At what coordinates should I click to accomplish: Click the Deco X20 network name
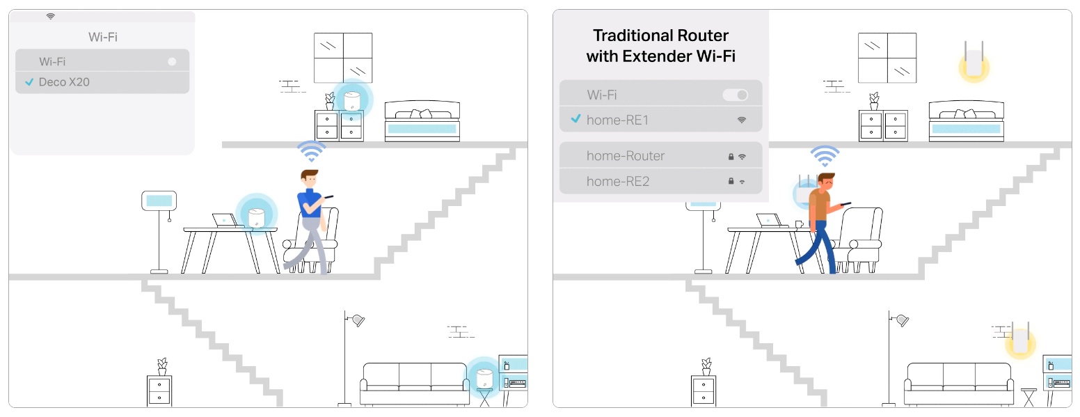pyautogui.click(x=64, y=82)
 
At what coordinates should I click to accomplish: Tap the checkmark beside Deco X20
pyautogui.click(x=29, y=82)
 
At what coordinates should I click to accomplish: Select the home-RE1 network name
pyautogui.click(x=617, y=120)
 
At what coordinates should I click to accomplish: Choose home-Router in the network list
pyautogui.click(x=626, y=156)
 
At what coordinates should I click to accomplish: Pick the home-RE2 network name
pyautogui.click(x=618, y=181)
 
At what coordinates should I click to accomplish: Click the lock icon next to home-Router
pyautogui.click(x=731, y=157)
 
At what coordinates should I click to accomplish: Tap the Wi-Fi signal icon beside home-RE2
pyautogui.click(x=742, y=182)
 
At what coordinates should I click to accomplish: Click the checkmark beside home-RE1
pyautogui.click(x=575, y=119)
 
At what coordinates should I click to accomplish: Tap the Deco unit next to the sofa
pyautogui.click(x=484, y=379)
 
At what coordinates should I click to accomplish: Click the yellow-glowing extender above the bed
pyautogui.click(x=974, y=63)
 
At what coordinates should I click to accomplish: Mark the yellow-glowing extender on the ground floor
pyautogui.click(x=1020, y=342)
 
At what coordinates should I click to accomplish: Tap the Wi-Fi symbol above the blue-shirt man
pyautogui.click(x=311, y=151)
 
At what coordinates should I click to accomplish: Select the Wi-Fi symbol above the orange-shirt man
pyautogui.click(x=825, y=156)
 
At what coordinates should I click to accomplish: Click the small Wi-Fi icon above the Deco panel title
pyautogui.click(x=50, y=16)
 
